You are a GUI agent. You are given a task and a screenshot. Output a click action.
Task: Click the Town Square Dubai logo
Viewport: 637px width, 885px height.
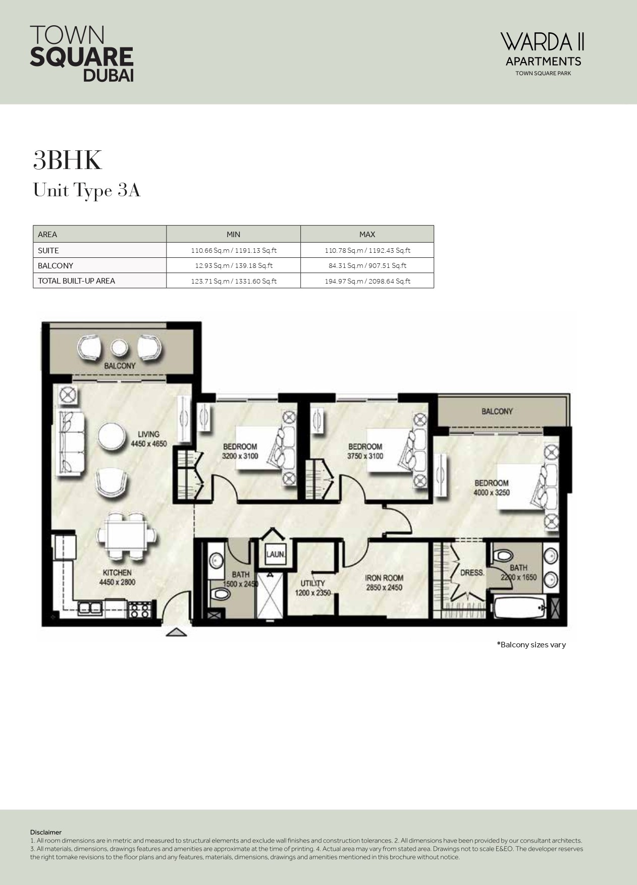82,53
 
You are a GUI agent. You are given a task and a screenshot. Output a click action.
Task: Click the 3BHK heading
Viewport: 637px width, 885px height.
68,160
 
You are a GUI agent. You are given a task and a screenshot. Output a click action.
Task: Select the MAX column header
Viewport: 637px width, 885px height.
367,234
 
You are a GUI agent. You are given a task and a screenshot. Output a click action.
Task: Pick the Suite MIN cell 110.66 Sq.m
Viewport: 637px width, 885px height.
233,250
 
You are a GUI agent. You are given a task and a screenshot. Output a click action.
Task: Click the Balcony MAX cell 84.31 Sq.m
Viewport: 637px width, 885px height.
367,265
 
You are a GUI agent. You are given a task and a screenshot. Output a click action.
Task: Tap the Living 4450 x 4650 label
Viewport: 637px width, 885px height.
148,438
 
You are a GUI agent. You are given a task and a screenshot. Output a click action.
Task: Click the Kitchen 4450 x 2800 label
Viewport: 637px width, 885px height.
117,577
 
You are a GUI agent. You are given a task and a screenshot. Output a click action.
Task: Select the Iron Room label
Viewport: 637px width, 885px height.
384,582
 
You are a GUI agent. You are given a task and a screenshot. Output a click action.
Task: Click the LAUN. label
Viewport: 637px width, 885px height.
276,555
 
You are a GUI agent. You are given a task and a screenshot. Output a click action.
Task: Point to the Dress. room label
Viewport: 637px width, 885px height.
472,573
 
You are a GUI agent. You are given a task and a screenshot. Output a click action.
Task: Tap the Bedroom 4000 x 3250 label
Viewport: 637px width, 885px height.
491,487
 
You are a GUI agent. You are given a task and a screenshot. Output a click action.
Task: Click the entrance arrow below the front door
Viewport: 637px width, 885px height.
176,632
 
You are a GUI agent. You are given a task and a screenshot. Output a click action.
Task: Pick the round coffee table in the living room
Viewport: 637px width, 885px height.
111,436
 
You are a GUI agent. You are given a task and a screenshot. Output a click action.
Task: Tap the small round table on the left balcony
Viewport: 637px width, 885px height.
119,348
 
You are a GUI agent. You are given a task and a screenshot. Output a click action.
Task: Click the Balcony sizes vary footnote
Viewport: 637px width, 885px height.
531,644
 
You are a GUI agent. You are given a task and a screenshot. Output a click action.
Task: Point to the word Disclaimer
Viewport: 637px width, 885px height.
46,832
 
